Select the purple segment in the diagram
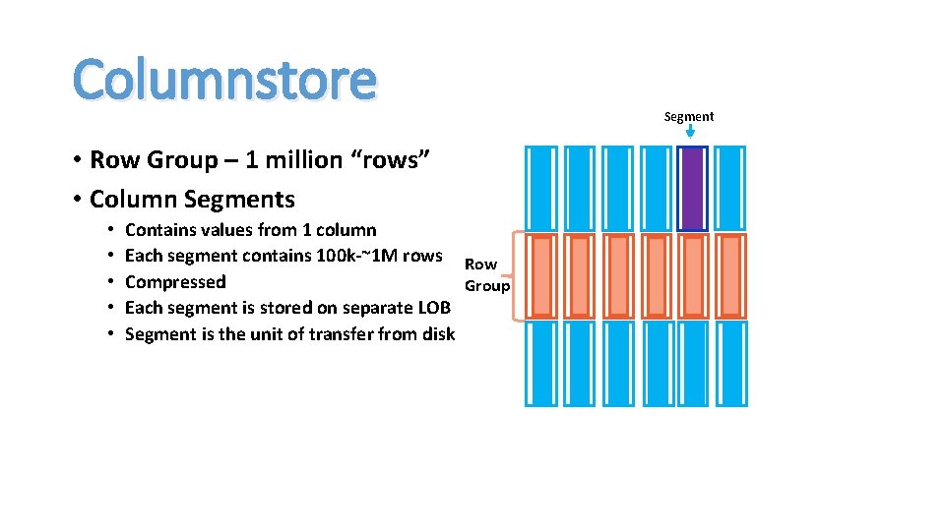click(692, 188)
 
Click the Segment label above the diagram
click(689, 116)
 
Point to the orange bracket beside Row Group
click(513, 276)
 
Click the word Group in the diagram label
click(487, 285)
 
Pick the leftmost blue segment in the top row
click(540, 188)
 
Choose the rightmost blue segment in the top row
click(729, 188)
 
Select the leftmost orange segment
click(540, 276)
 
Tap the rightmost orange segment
click(729, 276)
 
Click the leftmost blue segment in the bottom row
click(540, 364)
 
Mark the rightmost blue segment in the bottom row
click(729, 364)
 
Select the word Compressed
click(175, 282)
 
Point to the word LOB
click(434, 308)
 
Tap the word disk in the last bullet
click(437, 334)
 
